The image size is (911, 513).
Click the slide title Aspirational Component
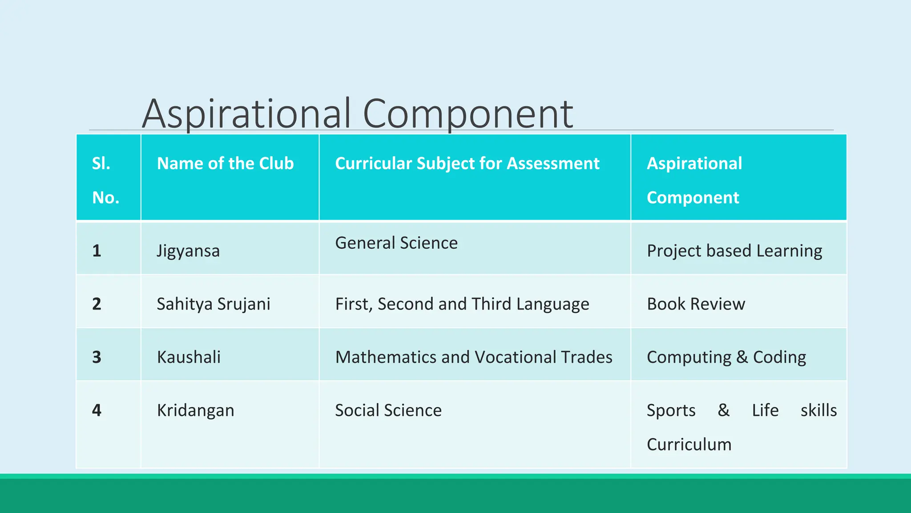coord(357,114)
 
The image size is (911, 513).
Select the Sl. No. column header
coord(105,180)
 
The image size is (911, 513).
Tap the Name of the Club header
coord(225,163)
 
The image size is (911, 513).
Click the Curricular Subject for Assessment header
coord(467,163)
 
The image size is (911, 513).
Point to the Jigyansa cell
coord(188,251)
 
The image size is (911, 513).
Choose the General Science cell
coord(396,243)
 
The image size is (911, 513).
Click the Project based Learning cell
coord(734,251)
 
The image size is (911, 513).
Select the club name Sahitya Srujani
coord(214,304)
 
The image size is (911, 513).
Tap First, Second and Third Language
coord(462,304)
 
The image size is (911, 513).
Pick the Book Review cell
coord(696,304)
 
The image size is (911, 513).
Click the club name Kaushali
coord(189,357)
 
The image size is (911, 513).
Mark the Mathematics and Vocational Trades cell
coord(473,357)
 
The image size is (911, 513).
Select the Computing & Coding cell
coord(726,357)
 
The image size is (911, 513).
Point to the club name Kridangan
coord(195,410)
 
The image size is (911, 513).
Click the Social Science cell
coord(388,410)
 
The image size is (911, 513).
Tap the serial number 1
coord(97,251)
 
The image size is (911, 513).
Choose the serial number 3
coord(97,357)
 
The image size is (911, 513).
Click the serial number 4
coord(97,410)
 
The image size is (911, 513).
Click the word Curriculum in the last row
coord(689,444)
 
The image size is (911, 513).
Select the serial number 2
coord(97,304)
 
